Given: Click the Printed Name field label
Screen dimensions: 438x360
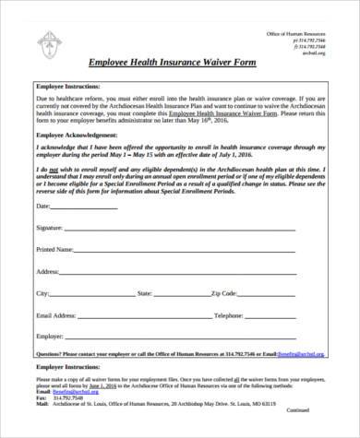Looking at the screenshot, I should pos(54,249).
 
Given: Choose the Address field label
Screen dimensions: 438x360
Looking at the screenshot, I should pos(48,272).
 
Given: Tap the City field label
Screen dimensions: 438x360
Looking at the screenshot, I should pos(42,293).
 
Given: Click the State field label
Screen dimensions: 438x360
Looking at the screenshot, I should pos(145,293).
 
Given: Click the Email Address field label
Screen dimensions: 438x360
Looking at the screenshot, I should pos(57,315).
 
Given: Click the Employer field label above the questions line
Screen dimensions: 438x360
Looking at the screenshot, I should pos(49,337).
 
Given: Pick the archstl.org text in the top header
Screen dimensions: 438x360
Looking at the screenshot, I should pos(315,53).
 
